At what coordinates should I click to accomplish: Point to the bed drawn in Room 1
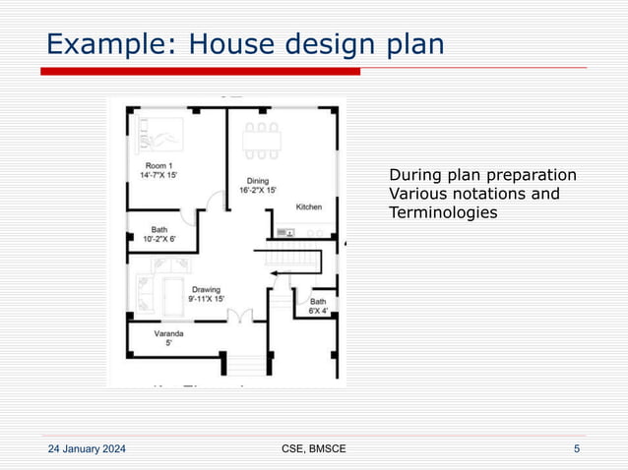(161, 132)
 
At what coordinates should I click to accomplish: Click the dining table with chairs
(262, 141)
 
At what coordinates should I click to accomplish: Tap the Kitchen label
(309, 206)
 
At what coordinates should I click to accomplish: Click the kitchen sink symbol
(285, 233)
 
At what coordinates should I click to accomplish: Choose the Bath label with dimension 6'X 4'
(319, 306)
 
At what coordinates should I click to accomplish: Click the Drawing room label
(206, 293)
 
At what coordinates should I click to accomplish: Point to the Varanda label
(168, 337)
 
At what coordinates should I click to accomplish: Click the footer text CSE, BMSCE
(313, 449)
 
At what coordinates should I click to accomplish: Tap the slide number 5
(576, 449)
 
